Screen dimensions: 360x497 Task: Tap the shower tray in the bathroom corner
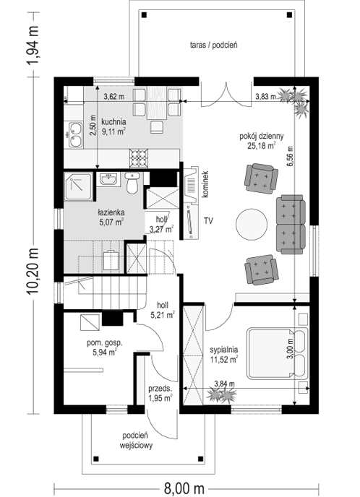pyautogui.click(x=79, y=186)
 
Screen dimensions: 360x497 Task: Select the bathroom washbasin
pyautogui.click(x=109, y=179)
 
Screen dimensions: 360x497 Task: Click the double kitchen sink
pyautogui.click(x=75, y=135)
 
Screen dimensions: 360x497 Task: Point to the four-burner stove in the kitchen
pyautogui.click(x=139, y=158)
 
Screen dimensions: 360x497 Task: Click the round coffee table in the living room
pyautogui.click(x=252, y=225)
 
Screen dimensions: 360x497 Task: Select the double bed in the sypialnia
pyautogui.click(x=277, y=353)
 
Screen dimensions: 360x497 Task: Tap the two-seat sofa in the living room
pyautogui.click(x=291, y=225)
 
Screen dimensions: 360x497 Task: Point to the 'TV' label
pyautogui.click(x=208, y=221)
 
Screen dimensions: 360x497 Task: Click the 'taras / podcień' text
pyautogui.click(x=214, y=45)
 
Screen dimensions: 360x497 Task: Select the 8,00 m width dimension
pyautogui.click(x=184, y=487)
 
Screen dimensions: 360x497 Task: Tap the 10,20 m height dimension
pyautogui.click(x=33, y=271)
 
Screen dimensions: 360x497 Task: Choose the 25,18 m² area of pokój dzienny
pyautogui.click(x=262, y=145)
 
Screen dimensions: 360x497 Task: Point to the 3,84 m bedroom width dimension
pyautogui.click(x=225, y=384)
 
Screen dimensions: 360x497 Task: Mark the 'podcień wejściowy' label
pyautogui.click(x=137, y=441)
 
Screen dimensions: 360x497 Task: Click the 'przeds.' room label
pyautogui.click(x=160, y=389)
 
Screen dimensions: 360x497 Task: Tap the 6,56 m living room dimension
pyautogui.click(x=291, y=155)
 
